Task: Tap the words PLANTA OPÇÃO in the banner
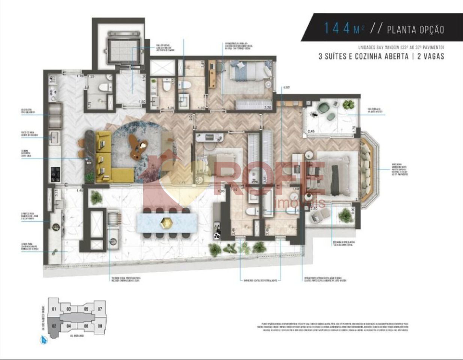click(x=415, y=29)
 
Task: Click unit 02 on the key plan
click(x=54, y=326)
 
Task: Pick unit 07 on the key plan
click(x=100, y=309)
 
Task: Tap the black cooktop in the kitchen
click(x=56, y=173)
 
